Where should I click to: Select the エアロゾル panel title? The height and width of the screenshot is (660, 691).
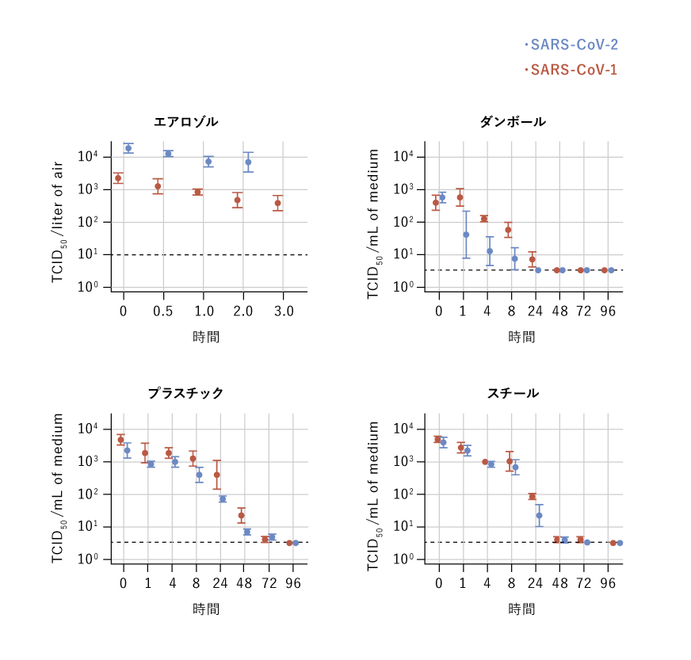point(185,122)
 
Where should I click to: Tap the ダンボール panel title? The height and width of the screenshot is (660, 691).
point(513,122)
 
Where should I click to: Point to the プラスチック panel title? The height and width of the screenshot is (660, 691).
point(185,393)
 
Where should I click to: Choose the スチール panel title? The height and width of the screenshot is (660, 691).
point(513,393)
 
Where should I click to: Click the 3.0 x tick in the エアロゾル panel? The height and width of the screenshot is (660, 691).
point(283,311)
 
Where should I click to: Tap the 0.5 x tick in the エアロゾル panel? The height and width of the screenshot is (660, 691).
point(162,311)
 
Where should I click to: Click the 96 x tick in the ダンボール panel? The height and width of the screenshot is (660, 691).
point(608,311)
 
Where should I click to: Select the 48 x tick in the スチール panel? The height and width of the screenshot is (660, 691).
point(559,583)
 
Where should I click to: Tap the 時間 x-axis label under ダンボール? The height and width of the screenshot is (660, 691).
point(521,337)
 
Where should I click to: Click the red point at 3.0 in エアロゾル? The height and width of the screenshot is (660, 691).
point(278,203)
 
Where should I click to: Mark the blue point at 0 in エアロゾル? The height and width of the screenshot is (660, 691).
point(128,148)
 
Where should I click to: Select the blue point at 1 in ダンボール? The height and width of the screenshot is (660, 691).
point(466,235)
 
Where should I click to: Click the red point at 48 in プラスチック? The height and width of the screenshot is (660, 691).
point(241,516)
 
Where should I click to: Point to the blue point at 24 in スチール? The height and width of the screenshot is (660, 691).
point(539,515)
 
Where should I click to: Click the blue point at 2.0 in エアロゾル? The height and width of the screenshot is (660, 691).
point(248,162)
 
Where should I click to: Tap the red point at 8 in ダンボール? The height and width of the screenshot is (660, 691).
point(508,231)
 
